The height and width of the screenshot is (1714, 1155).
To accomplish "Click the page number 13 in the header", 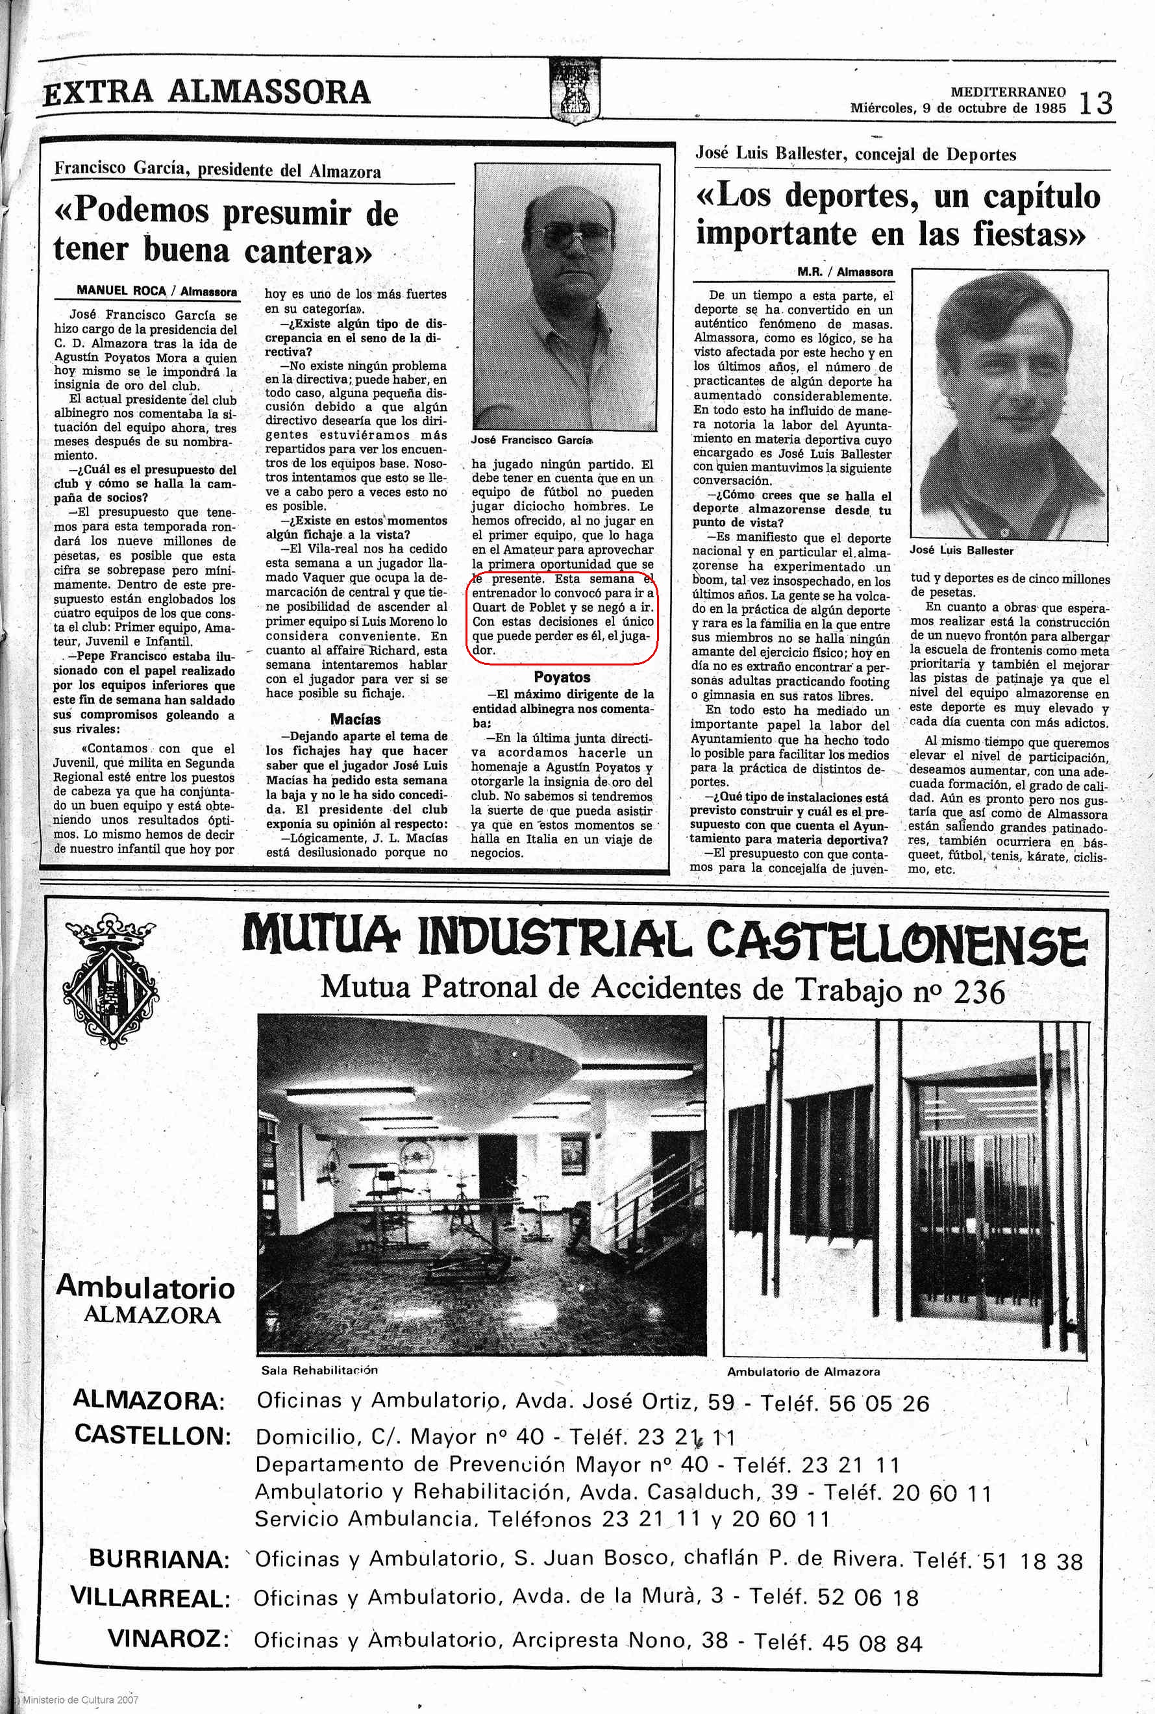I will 1095,103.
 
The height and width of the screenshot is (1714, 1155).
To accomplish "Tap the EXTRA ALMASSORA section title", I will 207,93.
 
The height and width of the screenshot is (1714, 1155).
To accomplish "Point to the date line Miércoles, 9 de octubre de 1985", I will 958,108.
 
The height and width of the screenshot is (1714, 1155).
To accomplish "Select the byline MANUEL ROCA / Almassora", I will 157,291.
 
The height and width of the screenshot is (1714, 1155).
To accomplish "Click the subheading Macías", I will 356,719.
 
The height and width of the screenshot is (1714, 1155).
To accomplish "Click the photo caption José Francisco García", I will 531,440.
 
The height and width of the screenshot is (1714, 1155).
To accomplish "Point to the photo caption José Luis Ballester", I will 962,550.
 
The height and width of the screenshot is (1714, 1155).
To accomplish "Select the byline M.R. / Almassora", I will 845,272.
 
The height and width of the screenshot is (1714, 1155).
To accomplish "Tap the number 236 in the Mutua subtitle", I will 979,993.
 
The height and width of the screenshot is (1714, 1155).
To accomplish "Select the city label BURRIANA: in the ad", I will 159,1559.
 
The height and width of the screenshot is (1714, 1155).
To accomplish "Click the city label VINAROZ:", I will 168,1639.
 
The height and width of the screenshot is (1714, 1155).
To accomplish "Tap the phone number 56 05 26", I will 879,1403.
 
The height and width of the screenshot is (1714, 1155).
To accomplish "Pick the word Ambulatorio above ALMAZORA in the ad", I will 145,1287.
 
